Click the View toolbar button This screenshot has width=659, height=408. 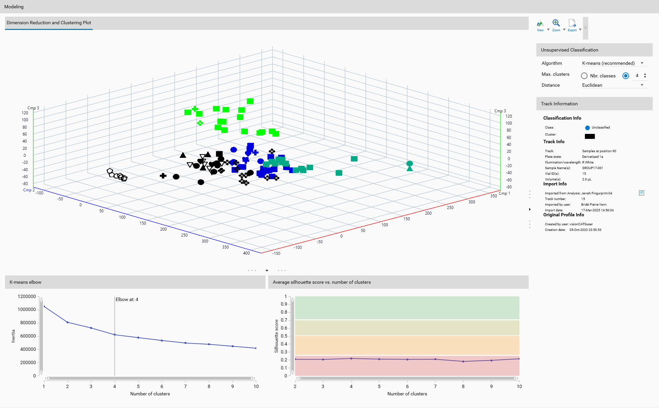point(540,25)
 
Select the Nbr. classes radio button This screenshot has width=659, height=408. point(584,76)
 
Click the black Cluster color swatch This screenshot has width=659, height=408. point(590,136)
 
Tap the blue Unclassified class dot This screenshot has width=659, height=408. point(587,128)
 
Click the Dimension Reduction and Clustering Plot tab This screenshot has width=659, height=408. point(49,23)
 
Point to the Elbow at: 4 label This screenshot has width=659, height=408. point(127,299)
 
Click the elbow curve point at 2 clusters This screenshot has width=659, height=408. point(67,322)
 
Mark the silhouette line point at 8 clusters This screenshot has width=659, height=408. point(463,361)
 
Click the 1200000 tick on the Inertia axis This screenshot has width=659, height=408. point(27,296)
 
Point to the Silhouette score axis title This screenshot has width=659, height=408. point(276,336)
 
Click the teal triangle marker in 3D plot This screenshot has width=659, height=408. point(410,169)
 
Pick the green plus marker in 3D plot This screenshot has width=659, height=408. point(195,109)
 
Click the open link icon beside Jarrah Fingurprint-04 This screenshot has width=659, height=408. point(641,193)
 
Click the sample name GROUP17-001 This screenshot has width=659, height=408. point(593,168)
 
